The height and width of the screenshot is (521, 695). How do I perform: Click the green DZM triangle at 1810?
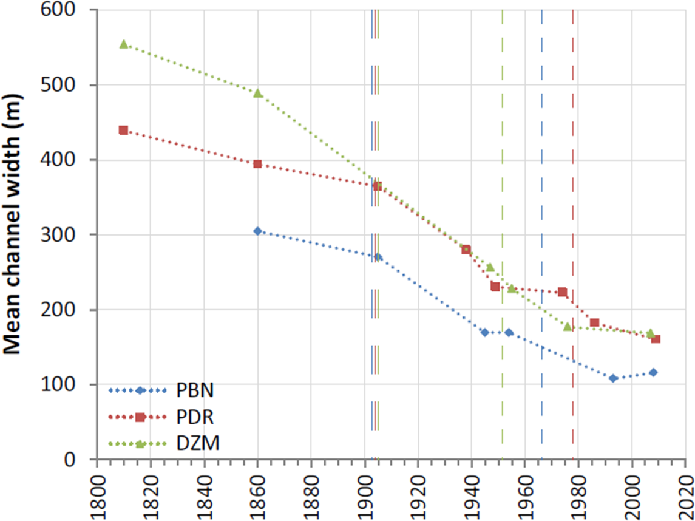click(x=124, y=44)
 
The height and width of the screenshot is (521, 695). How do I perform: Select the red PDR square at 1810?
click(x=124, y=130)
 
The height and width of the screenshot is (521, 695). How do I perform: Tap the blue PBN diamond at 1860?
click(x=257, y=231)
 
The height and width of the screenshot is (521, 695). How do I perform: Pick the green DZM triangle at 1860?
click(x=257, y=94)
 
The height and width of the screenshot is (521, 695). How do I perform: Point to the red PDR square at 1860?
click(x=257, y=164)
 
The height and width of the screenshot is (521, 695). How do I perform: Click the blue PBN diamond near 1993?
click(x=613, y=378)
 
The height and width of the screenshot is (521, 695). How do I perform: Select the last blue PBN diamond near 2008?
click(x=653, y=372)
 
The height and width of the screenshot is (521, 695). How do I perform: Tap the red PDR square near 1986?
click(x=594, y=322)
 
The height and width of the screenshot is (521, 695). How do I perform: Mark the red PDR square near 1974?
click(x=562, y=292)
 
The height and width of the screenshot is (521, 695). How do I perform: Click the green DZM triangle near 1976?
click(x=568, y=327)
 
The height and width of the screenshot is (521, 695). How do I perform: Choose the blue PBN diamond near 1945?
click(x=484, y=332)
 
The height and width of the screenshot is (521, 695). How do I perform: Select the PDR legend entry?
click(x=196, y=417)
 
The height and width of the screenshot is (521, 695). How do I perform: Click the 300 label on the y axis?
click(x=73, y=235)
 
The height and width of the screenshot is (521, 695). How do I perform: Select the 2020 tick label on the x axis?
click(x=685, y=492)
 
